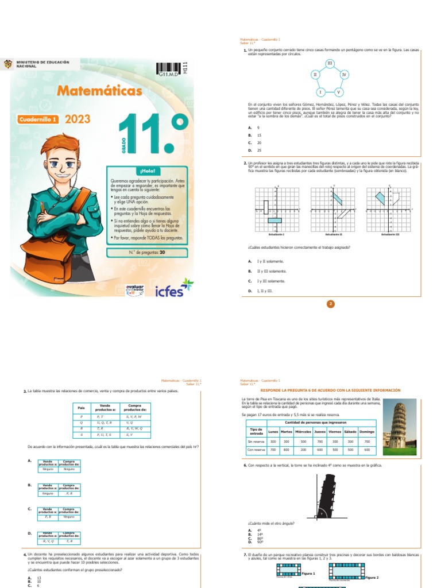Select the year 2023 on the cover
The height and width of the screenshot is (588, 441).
78,120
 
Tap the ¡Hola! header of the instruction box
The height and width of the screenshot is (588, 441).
146,171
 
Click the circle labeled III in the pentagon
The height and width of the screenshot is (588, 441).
330,63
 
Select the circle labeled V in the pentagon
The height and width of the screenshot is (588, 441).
338,92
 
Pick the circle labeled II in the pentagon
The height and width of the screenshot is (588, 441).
315,75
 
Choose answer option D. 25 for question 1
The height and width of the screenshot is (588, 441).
258,150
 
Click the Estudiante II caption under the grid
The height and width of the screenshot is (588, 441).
333,234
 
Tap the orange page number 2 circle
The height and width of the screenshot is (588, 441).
330,304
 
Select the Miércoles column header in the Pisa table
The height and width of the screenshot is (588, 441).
303,431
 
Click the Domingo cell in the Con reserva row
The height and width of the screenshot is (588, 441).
366,450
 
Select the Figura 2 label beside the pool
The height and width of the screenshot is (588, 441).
372,577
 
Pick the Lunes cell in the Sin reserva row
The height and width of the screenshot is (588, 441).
273,441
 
